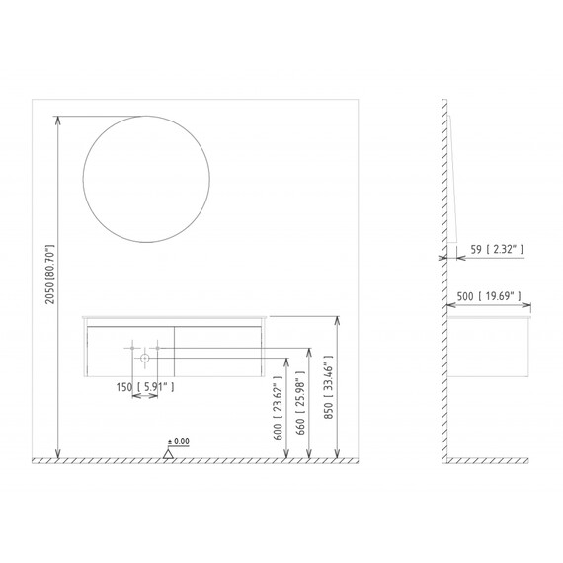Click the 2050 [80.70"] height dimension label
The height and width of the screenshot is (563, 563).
point(49,275)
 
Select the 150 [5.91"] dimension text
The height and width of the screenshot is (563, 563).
point(145,387)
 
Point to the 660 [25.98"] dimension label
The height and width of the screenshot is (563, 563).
point(300,402)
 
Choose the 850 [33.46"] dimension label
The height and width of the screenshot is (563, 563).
point(328,387)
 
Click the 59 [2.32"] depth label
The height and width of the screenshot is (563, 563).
point(497,249)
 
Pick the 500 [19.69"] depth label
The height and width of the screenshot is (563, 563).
point(489,296)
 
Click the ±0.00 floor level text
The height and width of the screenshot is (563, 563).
point(179,441)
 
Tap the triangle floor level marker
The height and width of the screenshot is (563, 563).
point(168,454)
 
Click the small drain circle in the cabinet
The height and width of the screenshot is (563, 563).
point(144,358)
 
